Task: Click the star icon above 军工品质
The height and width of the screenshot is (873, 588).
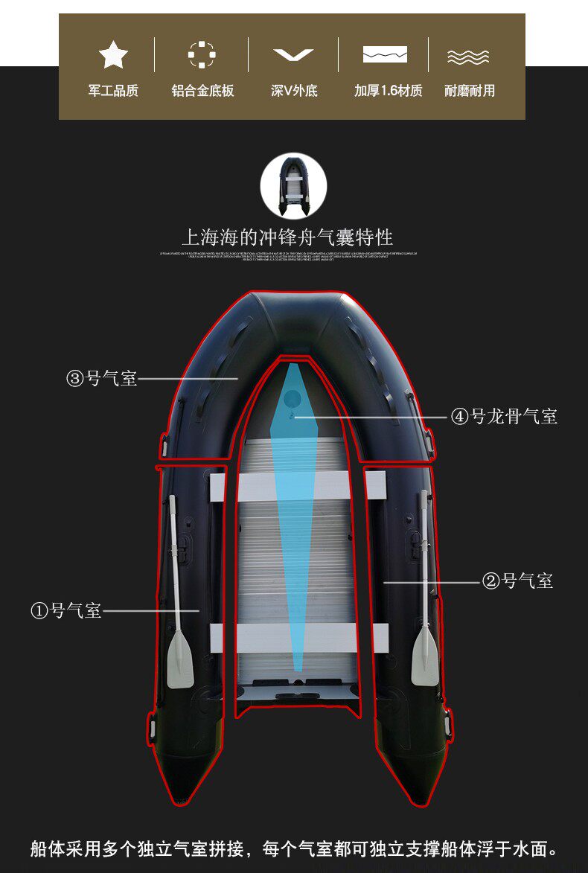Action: tap(113, 54)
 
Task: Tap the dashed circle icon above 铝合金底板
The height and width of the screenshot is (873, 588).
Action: tap(202, 54)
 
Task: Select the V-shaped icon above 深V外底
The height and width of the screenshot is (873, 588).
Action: tap(293, 55)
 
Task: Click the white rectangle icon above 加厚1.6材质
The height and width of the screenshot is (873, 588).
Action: tap(385, 54)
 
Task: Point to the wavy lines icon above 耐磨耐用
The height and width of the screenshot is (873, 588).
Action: tap(468, 57)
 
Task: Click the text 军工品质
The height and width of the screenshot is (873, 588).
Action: tap(113, 91)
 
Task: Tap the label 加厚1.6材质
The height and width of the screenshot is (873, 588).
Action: tap(388, 91)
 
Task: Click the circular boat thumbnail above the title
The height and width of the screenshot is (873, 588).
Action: tap(294, 186)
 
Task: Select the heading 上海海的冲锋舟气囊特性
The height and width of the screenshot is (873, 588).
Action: tap(287, 237)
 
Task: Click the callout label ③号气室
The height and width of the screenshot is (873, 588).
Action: tap(102, 378)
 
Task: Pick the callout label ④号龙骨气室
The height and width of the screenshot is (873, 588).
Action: tap(504, 416)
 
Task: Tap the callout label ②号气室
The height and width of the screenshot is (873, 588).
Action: tap(518, 581)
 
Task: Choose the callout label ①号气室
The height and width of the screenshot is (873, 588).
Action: tap(65, 611)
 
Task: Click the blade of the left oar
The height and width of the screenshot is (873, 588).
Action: tap(180, 659)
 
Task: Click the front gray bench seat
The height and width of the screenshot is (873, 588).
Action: tap(298, 486)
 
